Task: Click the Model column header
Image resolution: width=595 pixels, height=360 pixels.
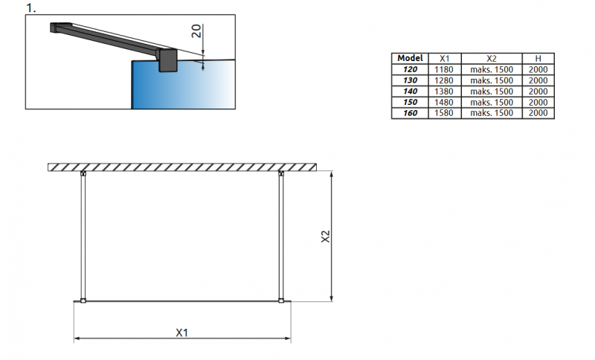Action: click(410, 58)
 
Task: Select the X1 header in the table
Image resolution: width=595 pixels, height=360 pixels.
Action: click(444, 59)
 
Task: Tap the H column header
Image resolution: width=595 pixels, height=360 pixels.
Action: click(538, 59)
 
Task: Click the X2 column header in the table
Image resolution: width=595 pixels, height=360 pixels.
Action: click(492, 59)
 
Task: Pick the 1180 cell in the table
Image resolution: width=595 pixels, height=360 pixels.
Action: click(444, 69)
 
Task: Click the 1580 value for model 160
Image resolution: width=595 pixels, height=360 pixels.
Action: click(444, 113)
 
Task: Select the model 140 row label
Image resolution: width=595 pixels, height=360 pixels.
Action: click(411, 91)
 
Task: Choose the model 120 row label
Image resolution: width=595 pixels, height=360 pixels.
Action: click(411, 69)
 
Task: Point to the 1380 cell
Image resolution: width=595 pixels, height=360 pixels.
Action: click(444, 91)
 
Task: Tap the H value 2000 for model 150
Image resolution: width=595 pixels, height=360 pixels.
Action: click(538, 103)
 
